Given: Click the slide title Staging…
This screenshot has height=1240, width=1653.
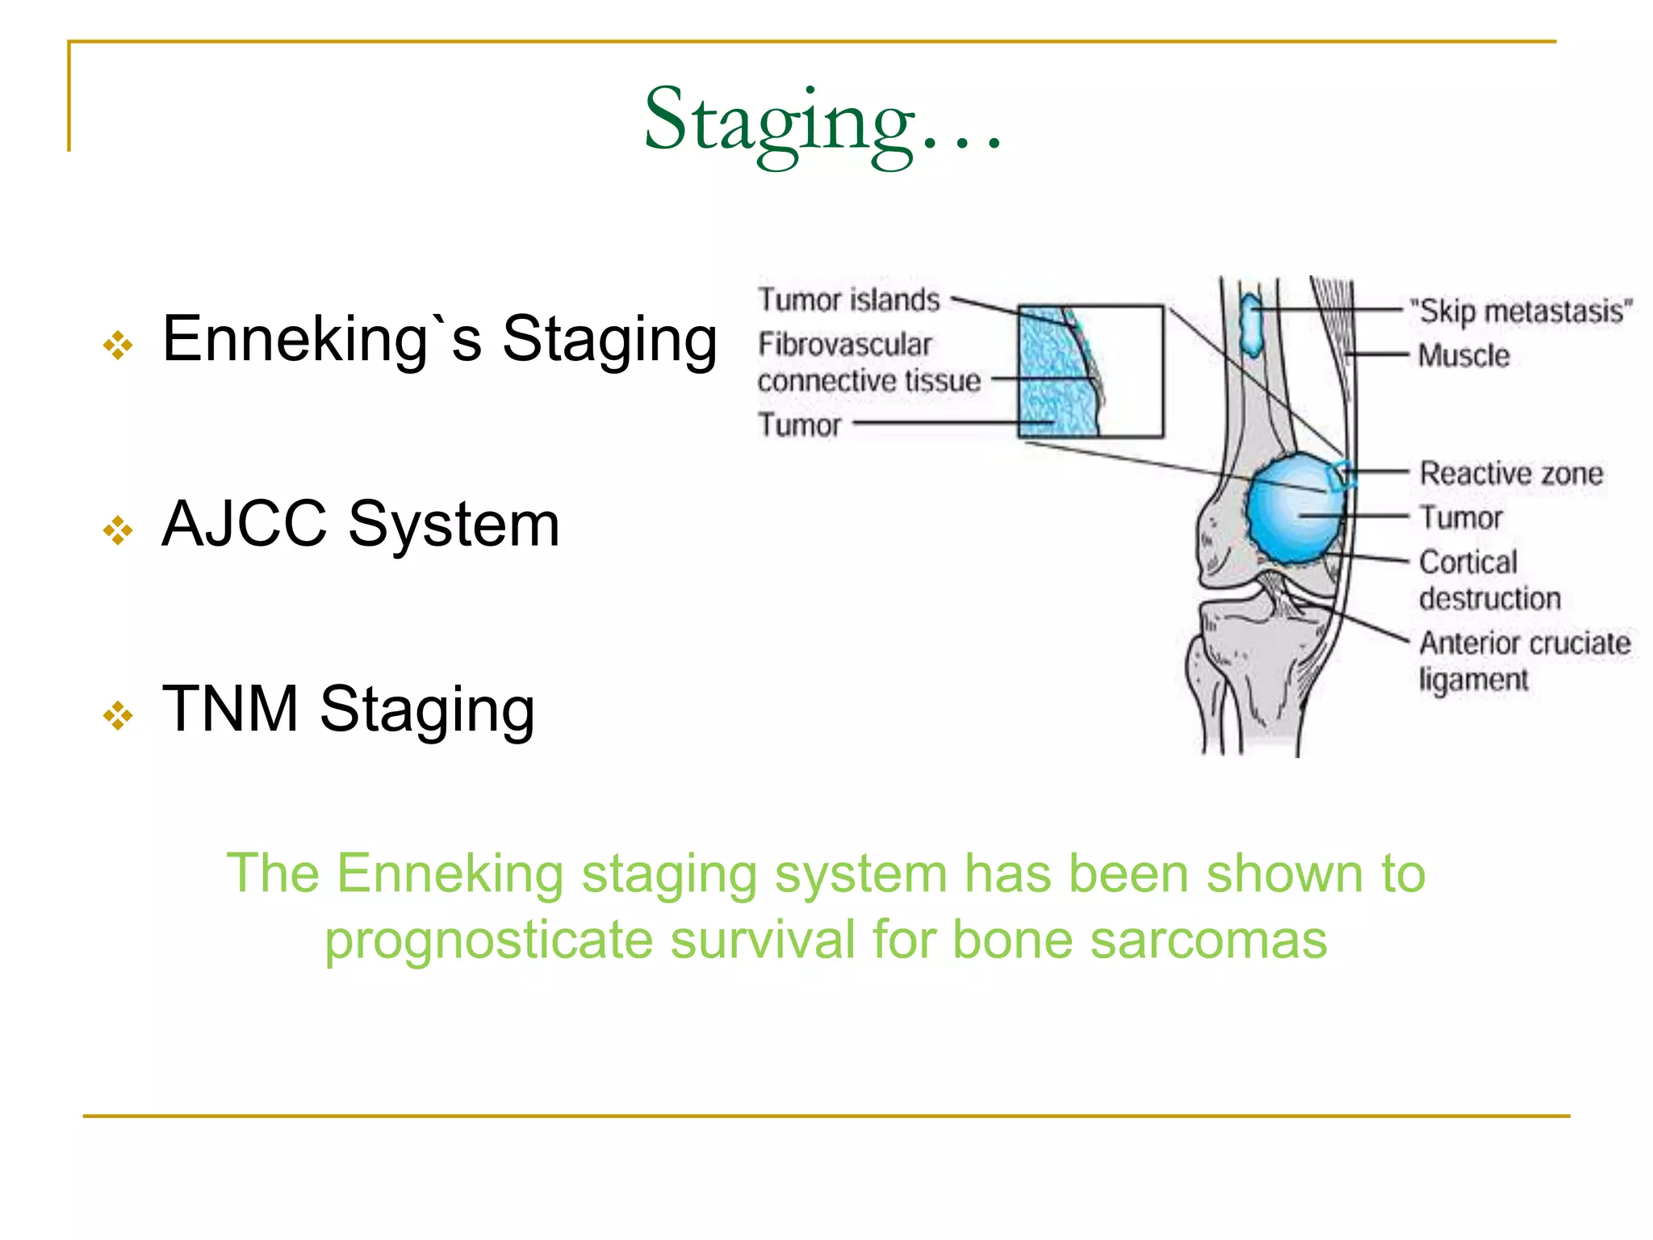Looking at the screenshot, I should coord(823,121).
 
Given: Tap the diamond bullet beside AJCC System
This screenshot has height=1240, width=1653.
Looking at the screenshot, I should coord(118,530).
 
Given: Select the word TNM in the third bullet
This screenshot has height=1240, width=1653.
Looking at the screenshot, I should coord(230,709).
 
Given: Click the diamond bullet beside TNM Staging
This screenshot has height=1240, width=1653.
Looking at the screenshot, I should coord(118,715).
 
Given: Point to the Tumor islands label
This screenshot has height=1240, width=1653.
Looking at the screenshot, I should coord(848,300).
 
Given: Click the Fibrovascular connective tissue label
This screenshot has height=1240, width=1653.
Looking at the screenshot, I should coord(868,362).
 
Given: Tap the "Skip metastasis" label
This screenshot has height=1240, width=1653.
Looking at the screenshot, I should coord(1521,311).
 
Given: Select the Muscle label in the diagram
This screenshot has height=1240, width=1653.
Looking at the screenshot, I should coord(1463,355).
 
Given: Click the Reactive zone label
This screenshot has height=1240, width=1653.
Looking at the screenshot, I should coord(1510,473).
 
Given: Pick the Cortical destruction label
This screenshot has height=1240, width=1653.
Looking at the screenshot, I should coord(1488,580).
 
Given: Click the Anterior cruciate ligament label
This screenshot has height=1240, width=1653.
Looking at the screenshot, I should coord(1524,660).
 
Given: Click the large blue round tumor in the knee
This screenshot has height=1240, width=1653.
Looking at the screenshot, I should coord(1291,509).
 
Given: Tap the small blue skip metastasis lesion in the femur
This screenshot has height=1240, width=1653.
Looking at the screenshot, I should coord(1251,325).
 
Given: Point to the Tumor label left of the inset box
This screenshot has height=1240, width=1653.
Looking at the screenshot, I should coord(799,425).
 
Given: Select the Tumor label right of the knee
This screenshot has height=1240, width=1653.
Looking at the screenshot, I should coord(1461,517).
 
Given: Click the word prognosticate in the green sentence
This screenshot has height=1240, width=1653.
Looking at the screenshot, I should coord(488,940).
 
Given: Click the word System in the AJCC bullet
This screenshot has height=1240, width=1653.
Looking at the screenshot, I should coord(454,525).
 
